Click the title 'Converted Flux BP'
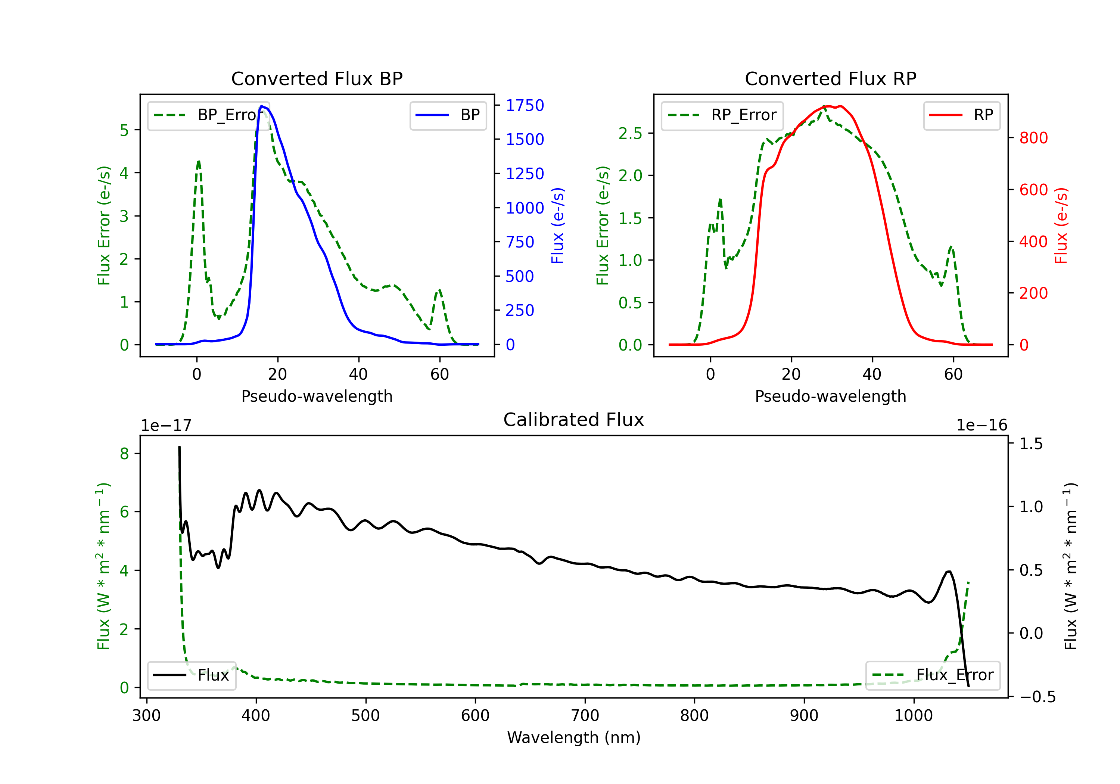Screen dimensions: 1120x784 click(x=317, y=78)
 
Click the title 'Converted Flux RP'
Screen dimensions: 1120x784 click(x=831, y=78)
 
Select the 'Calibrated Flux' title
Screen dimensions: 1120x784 click(x=574, y=420)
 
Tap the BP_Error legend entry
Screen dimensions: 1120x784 click(x=208, y=115)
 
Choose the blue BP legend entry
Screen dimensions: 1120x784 click(x=448, y=115)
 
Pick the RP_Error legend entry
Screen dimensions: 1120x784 click(x=722, y=115)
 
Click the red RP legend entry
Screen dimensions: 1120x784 click(x=961, y=115)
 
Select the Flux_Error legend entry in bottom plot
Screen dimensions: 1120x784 click(x=933, y=675)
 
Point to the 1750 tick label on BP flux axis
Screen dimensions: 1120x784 click(x=525, y=105)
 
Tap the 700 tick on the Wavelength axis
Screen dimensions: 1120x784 click(x=585, y=716)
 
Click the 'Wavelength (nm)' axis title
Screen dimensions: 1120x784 click(x=574, y=738)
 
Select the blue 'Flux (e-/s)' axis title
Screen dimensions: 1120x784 click(x=557, y=226)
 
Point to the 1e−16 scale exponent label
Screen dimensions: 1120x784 click(x=982, y=426)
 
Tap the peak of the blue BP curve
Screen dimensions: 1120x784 click(x=262, y=106)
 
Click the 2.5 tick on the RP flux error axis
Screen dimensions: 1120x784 click(x=630, y=133)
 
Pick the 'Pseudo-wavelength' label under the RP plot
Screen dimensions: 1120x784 click(x=831, y=396)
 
